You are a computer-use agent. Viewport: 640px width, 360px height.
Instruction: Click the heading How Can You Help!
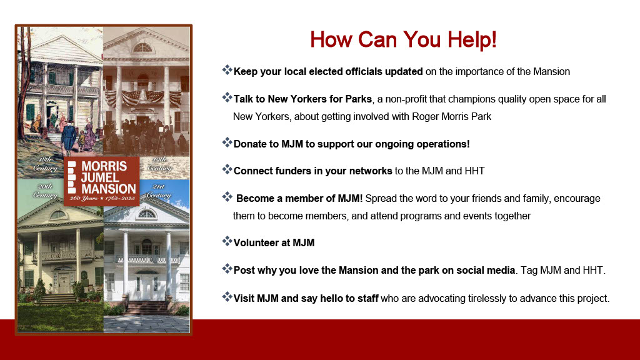(x=403, y=40)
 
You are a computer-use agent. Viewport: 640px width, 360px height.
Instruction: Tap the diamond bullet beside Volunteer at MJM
(x=227, y=241)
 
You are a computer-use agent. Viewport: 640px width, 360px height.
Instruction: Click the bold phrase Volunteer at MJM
(x=274, y=243)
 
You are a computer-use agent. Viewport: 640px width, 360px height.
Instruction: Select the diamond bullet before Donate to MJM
(x=227, y=142)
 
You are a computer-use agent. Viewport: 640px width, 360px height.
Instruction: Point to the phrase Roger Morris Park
(x=451, y=117)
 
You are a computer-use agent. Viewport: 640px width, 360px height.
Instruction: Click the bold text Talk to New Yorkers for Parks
(x=302, y=99)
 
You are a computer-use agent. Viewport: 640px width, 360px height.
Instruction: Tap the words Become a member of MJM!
(x=299, y=198)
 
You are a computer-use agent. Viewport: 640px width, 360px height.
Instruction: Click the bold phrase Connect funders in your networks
(x=312, y=171)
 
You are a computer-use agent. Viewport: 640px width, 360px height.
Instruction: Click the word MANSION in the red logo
(x=109, y=189)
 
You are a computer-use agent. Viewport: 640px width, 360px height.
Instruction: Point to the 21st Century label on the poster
(x=158, y=191)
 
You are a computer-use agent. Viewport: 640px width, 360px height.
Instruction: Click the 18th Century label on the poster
(x=46, y=164)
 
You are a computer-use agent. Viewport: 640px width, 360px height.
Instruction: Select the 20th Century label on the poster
(x=45, y=191)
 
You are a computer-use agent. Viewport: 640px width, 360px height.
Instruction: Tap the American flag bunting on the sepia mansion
(x=143, y=97)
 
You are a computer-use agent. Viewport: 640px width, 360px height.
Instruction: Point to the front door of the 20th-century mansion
(x=64, y=282)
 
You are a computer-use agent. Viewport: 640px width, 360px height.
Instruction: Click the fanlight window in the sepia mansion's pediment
(x=142, y=47)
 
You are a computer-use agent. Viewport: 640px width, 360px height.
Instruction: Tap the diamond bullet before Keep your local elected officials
(x=227, y=70)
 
